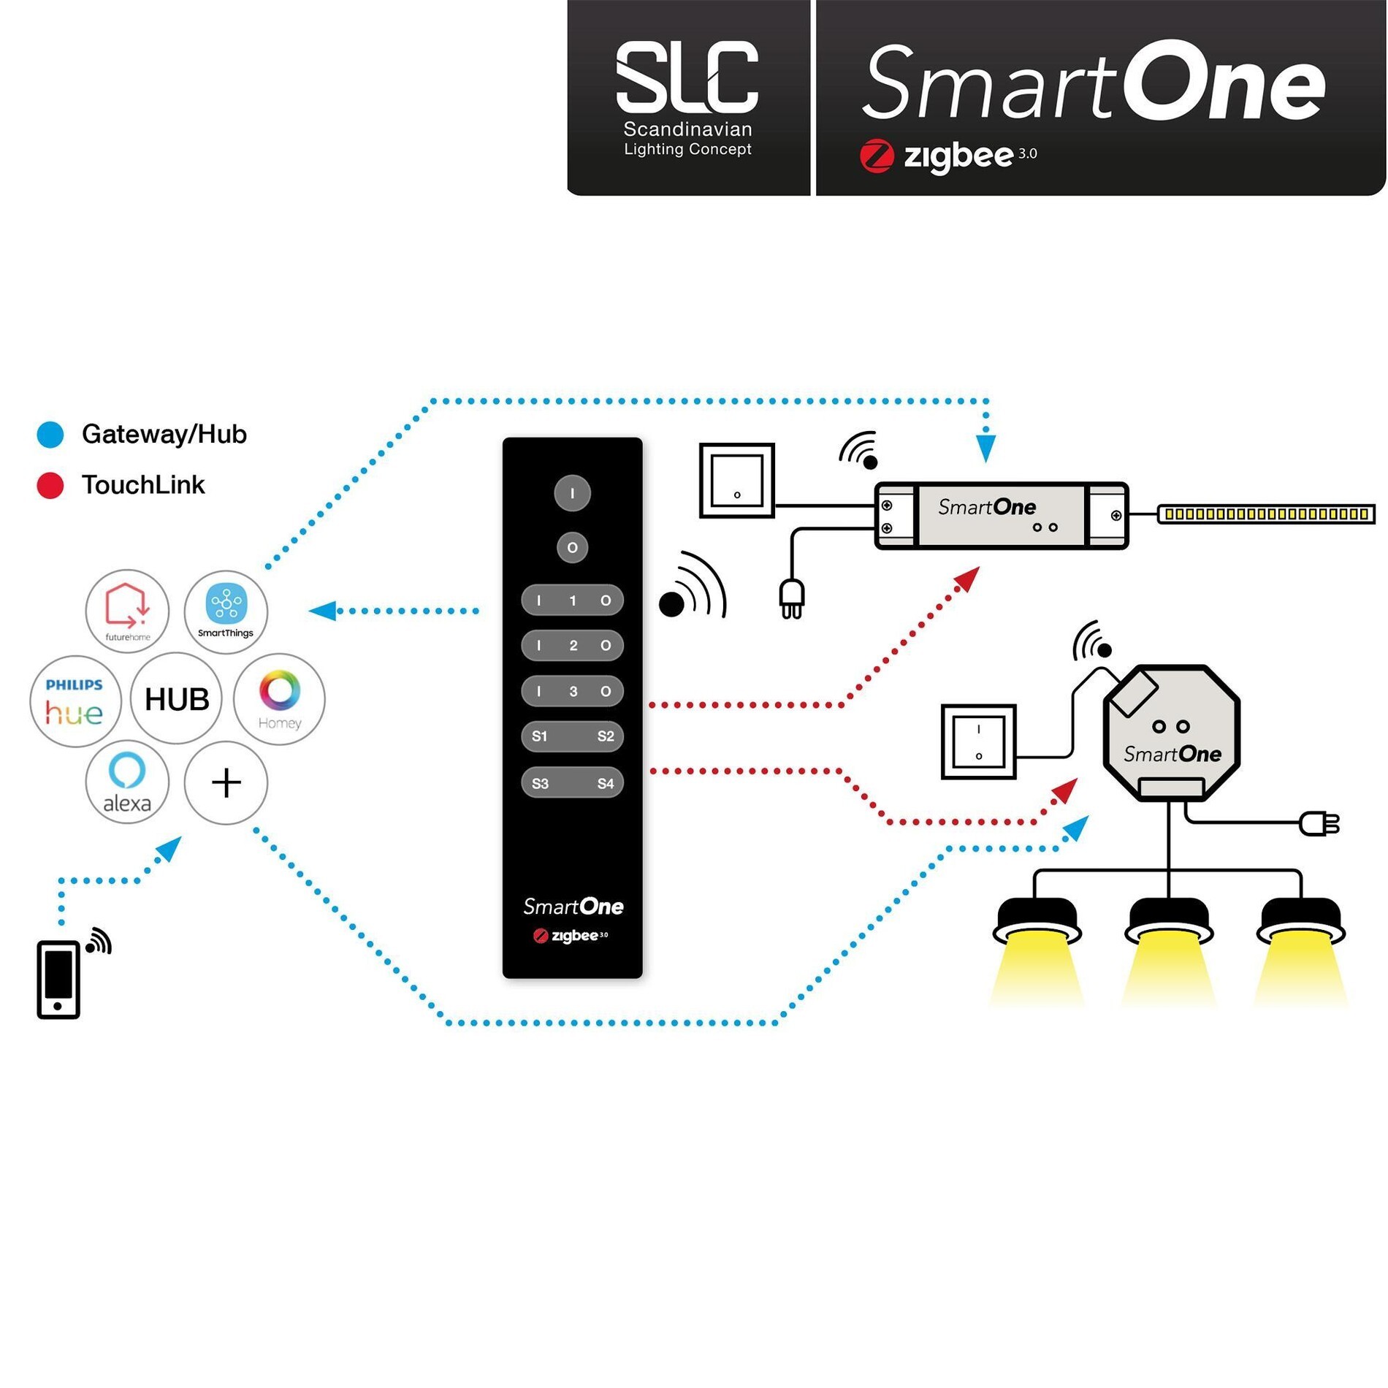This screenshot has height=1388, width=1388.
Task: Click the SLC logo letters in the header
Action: pyautogui.click(x=687, y=77)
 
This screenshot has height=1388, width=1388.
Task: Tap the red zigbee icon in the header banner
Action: pyautogui.click(x=877, y=156)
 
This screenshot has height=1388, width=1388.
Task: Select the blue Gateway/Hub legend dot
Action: pyautogui.click(x=50, y=435)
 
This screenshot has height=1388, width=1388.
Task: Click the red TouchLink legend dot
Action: pyautogui.click(x=50, y=486)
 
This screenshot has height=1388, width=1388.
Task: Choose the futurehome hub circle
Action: pyautogui.click(x=127, y=611)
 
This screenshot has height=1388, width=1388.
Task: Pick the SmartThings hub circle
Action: pyautogui.click(x=226, y=611)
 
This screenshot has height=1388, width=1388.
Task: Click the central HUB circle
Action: pyautogui.click(x=176, y=699)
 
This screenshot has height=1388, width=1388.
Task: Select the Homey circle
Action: pyautogui.click(x=279, y=699)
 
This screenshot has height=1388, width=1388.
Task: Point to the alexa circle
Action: pyautogui.click(x=127, y=782)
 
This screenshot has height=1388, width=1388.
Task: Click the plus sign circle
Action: pyautogui.click(x=226, y=782)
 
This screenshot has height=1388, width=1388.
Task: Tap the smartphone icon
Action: pyautogui.click(x=58, y=980)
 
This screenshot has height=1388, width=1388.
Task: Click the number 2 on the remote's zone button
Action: pyautogui.click(x=573, y=646)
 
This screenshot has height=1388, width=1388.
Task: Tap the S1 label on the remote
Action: pyautogui.click(x=540, y=736)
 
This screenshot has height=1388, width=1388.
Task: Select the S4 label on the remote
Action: pyautogui.click(x=606, y=784)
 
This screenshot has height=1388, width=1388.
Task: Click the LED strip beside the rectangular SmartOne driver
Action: pyautogui.click(x=1266, y=514)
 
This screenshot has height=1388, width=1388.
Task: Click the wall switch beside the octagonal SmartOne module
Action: pyautogui.click(x=979, y=742)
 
